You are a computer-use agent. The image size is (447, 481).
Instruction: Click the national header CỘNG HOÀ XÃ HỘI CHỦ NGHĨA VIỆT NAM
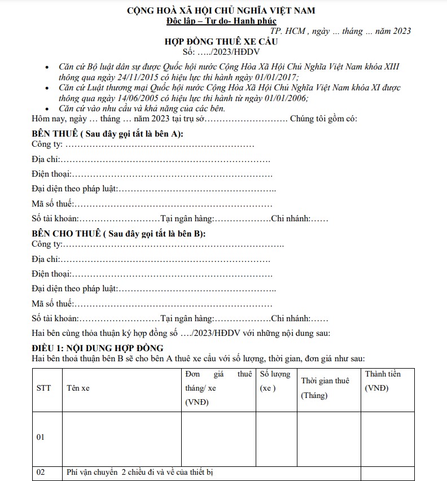coord(221,11)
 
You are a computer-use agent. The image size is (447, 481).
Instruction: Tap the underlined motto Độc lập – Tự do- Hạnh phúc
coord(221,21)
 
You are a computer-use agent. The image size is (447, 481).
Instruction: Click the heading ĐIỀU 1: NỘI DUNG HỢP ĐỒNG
coord(98,348)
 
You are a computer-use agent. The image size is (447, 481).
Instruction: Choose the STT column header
coord(43,388)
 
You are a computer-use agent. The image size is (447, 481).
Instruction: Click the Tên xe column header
coord(78,388)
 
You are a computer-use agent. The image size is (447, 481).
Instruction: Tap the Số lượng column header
coord(275,374)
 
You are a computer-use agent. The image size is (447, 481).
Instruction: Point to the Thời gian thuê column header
coord(325,381)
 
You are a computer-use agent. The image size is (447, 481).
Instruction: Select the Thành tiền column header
coord(383,374)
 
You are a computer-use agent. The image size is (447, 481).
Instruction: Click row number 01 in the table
coord(40,438)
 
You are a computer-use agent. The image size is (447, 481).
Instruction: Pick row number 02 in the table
coord(40,472)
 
